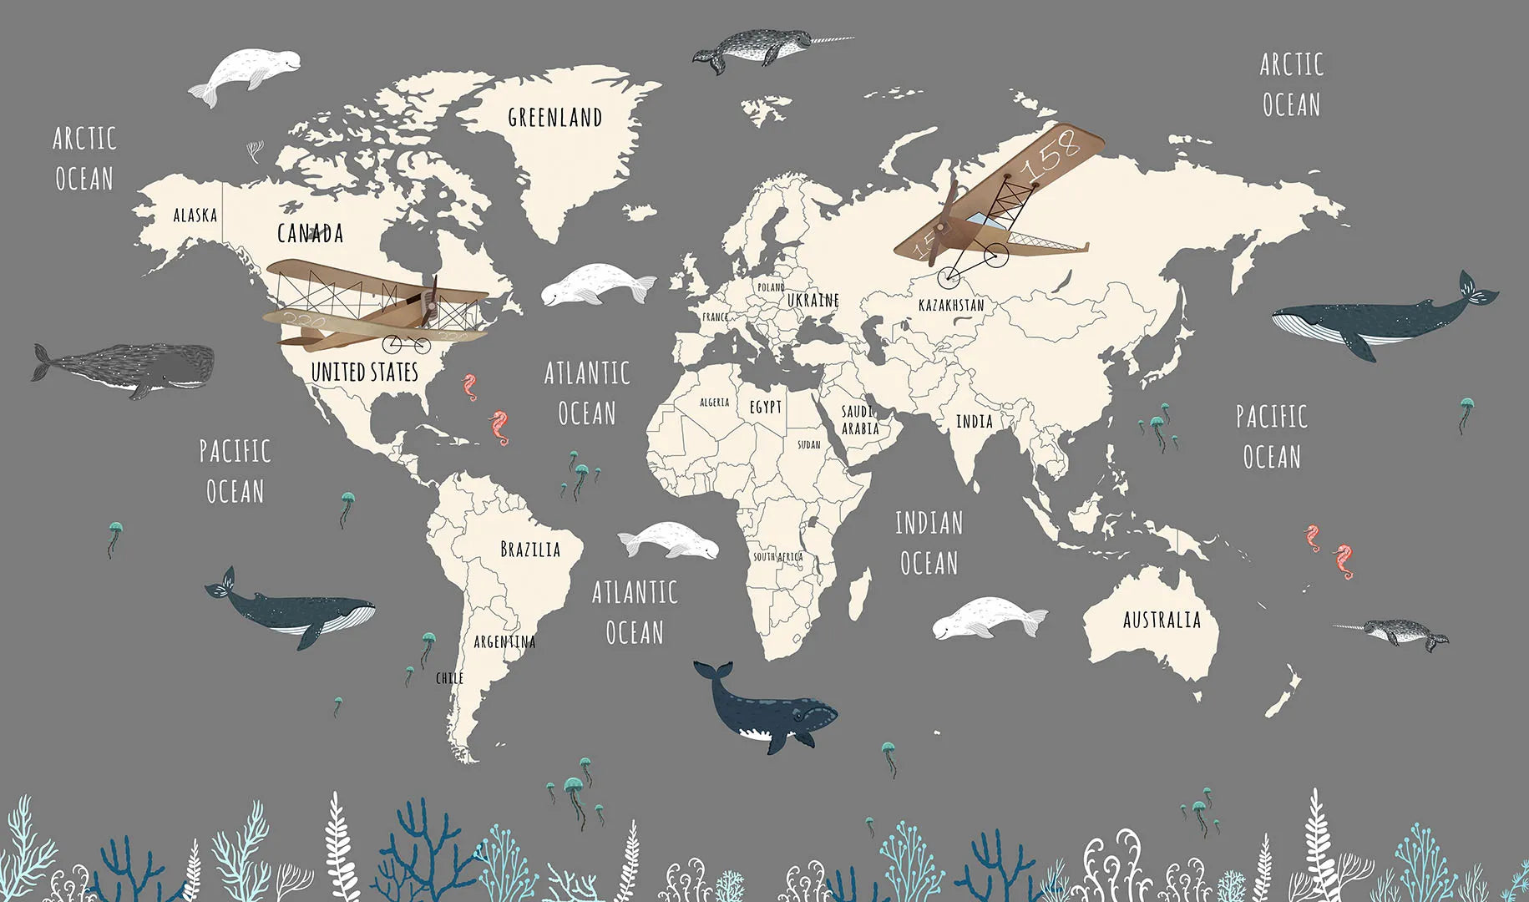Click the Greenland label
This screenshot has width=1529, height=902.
[x=554, y=118]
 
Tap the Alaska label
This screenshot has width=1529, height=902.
[x=195, y=215]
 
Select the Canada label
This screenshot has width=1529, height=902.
[x=310, y=233]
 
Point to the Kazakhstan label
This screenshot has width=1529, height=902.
[x=951, y=305]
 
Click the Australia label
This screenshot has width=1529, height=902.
[x=1162, y=620]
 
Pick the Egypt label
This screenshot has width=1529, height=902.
[x=765, y=407]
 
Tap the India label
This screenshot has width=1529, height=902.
[x=974, y=422]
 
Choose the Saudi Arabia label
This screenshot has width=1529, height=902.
[x=859, y=420]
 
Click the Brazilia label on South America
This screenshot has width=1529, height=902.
[x=530, y=549]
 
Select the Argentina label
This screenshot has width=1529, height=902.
[x=504, y=641]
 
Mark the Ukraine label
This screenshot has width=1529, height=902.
[x=813, y=299]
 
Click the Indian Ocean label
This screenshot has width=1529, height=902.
[x=929, y=543]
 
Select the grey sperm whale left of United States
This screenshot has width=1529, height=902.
[x=125, y=367]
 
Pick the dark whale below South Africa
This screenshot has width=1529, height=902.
[x=768, y=712]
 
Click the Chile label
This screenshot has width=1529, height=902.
[x=449, y=678]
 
